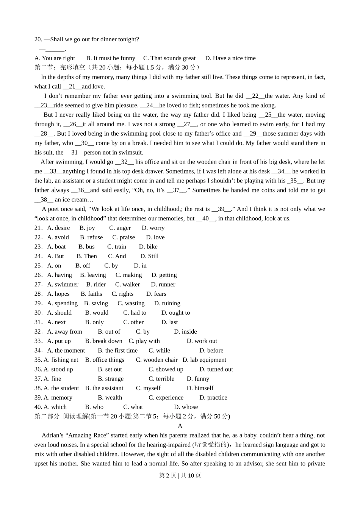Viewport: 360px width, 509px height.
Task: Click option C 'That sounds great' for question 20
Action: [x=169, y=58]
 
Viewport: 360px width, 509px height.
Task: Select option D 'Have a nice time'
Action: [x=230, y=58]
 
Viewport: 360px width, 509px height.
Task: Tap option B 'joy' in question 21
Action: [x=87, y=228]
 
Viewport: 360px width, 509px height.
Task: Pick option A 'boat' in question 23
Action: [x=56, y=247]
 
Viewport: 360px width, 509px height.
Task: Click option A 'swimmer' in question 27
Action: [x=63, y=284]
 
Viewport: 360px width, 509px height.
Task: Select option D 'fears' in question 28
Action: [x=156, y=294]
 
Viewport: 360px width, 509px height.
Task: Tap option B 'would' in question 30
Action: [x=97, y=313]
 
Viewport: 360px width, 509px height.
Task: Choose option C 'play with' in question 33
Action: [x=144, y=341]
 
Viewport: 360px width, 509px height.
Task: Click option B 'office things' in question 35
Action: [x=105, y=360]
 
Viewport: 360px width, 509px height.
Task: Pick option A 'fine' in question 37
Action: [x=52, y=379]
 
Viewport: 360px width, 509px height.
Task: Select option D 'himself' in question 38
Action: [x=200, y=388]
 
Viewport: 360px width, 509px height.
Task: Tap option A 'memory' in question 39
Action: [x=58, y=398]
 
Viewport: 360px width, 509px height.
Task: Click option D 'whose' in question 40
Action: [x=186, y=407]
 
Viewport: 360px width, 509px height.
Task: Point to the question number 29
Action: [x=38, y=303]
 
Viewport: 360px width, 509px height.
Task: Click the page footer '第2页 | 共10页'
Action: [x=180, y=475]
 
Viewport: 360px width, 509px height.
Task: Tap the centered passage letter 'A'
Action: [x=180, y=426]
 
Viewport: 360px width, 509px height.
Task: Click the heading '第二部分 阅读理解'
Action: [x=61, y=417]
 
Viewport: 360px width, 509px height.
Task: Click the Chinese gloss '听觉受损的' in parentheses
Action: [x=211, y=445]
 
